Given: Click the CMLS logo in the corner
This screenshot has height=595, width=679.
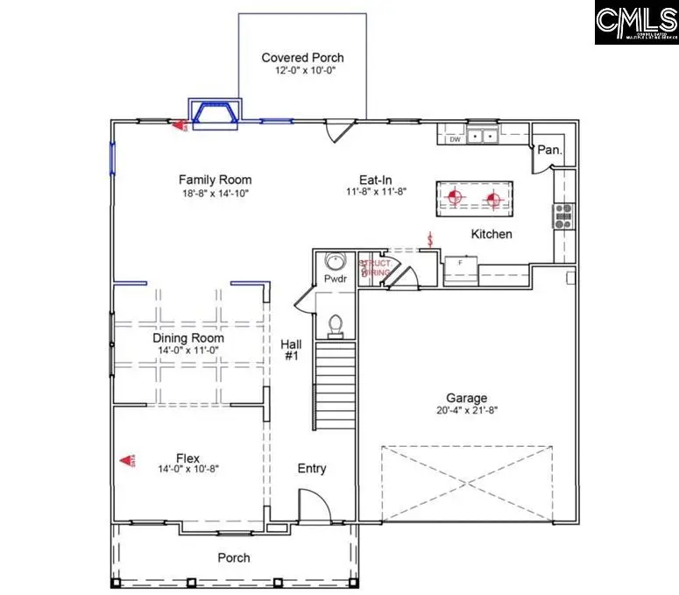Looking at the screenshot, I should point(635,23).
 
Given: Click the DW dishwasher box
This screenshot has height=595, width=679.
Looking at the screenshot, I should point(454,138).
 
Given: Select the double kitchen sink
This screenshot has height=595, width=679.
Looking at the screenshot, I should point(481,136).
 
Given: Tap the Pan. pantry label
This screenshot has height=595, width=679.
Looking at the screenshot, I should point(548,150).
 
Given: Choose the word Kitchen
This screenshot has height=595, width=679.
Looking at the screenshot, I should point(492,234).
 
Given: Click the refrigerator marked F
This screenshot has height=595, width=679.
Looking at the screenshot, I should point(460,264).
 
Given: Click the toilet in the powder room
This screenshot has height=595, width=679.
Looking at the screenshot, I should point(335,324).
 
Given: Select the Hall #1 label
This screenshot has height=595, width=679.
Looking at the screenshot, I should point(291,351).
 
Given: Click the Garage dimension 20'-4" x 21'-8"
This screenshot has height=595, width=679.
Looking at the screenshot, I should point(466,410).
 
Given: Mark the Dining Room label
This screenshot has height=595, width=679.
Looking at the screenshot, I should point(188,337).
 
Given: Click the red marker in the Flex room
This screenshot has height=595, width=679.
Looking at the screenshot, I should point(127,459).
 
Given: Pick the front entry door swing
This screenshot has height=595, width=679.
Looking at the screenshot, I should point(311,506).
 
